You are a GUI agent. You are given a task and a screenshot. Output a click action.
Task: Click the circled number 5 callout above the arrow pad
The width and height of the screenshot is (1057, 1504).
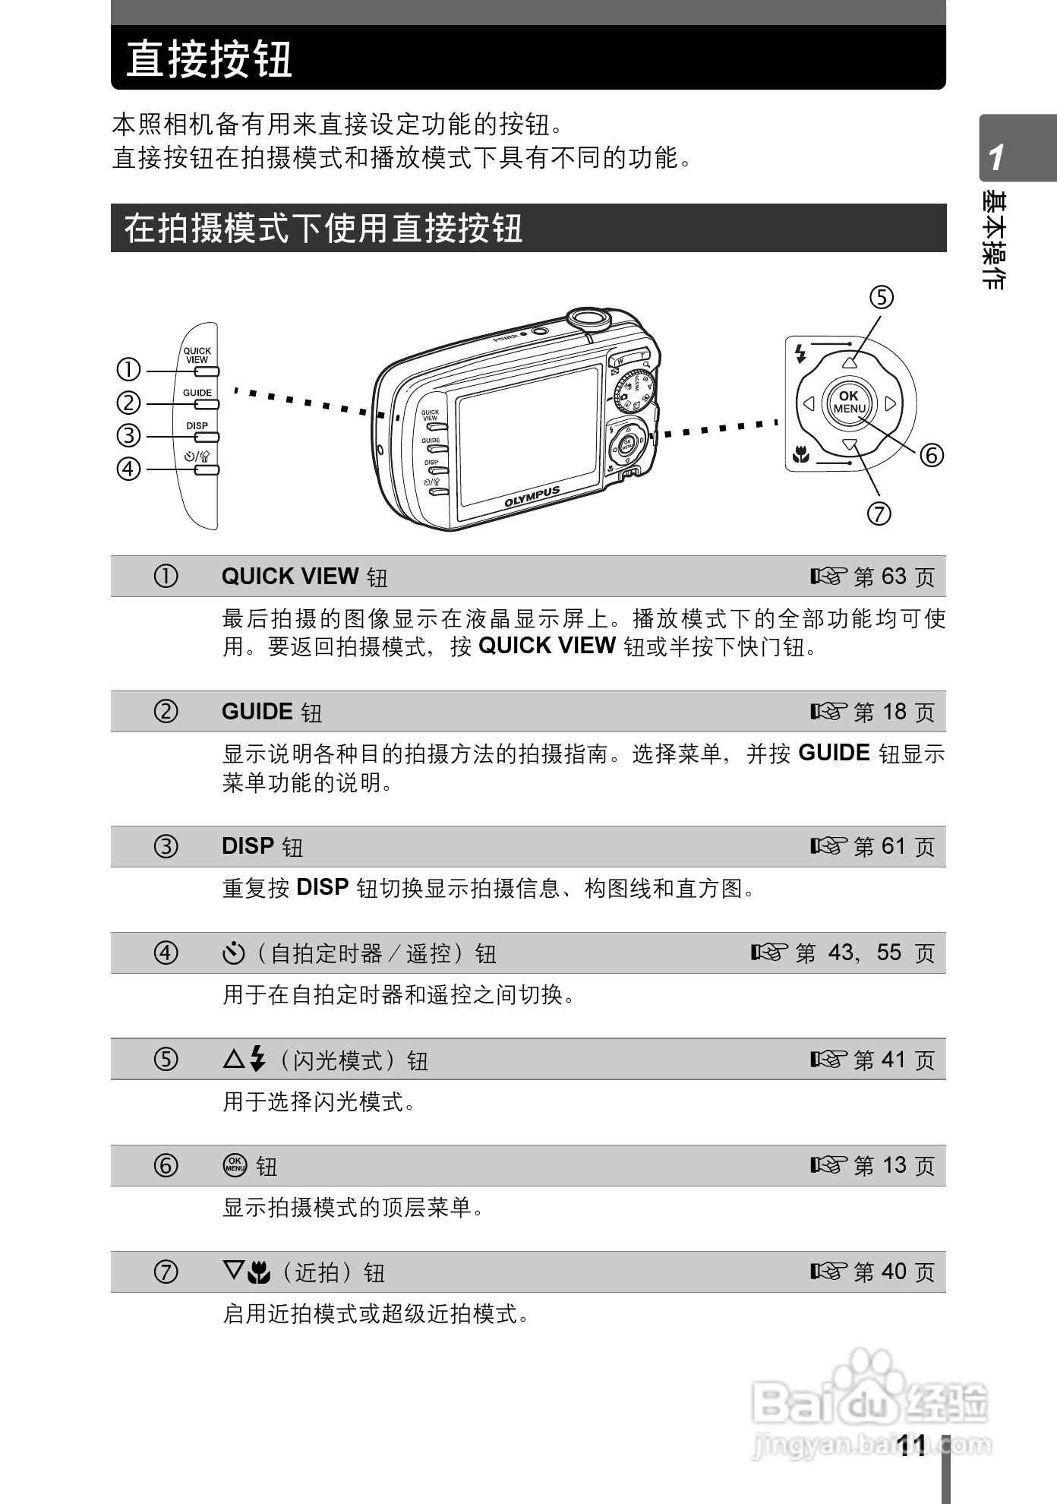882,297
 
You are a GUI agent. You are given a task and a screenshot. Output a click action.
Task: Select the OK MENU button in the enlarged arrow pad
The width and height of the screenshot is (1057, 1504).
849,403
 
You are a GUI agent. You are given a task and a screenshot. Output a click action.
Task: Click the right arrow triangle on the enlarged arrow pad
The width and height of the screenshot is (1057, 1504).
891,403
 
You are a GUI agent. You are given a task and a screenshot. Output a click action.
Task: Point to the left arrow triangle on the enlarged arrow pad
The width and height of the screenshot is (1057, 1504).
809,403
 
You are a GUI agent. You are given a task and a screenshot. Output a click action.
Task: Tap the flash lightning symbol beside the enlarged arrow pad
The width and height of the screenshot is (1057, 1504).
799,353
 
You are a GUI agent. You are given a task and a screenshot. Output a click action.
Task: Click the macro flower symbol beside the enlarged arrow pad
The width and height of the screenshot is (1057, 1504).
800,457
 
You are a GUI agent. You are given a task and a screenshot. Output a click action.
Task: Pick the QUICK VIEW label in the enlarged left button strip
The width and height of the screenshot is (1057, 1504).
197,355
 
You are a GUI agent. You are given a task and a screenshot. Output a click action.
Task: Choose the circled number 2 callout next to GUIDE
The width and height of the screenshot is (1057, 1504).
128,403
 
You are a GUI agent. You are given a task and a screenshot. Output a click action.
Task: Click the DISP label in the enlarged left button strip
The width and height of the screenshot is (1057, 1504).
197,425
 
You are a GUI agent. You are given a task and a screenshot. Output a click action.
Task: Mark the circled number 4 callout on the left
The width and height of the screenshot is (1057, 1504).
128,469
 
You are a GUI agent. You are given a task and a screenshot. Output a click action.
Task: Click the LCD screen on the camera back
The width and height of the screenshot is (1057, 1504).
528,438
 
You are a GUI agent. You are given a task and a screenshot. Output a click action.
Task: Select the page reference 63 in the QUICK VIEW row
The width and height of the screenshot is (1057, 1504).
894,577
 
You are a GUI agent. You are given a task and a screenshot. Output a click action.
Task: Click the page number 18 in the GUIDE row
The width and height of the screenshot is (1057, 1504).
894,712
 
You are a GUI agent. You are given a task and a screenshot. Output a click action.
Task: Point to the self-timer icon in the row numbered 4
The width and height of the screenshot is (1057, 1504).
233,953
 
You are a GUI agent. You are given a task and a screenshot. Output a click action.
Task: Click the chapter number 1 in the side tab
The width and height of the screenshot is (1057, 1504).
996,157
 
